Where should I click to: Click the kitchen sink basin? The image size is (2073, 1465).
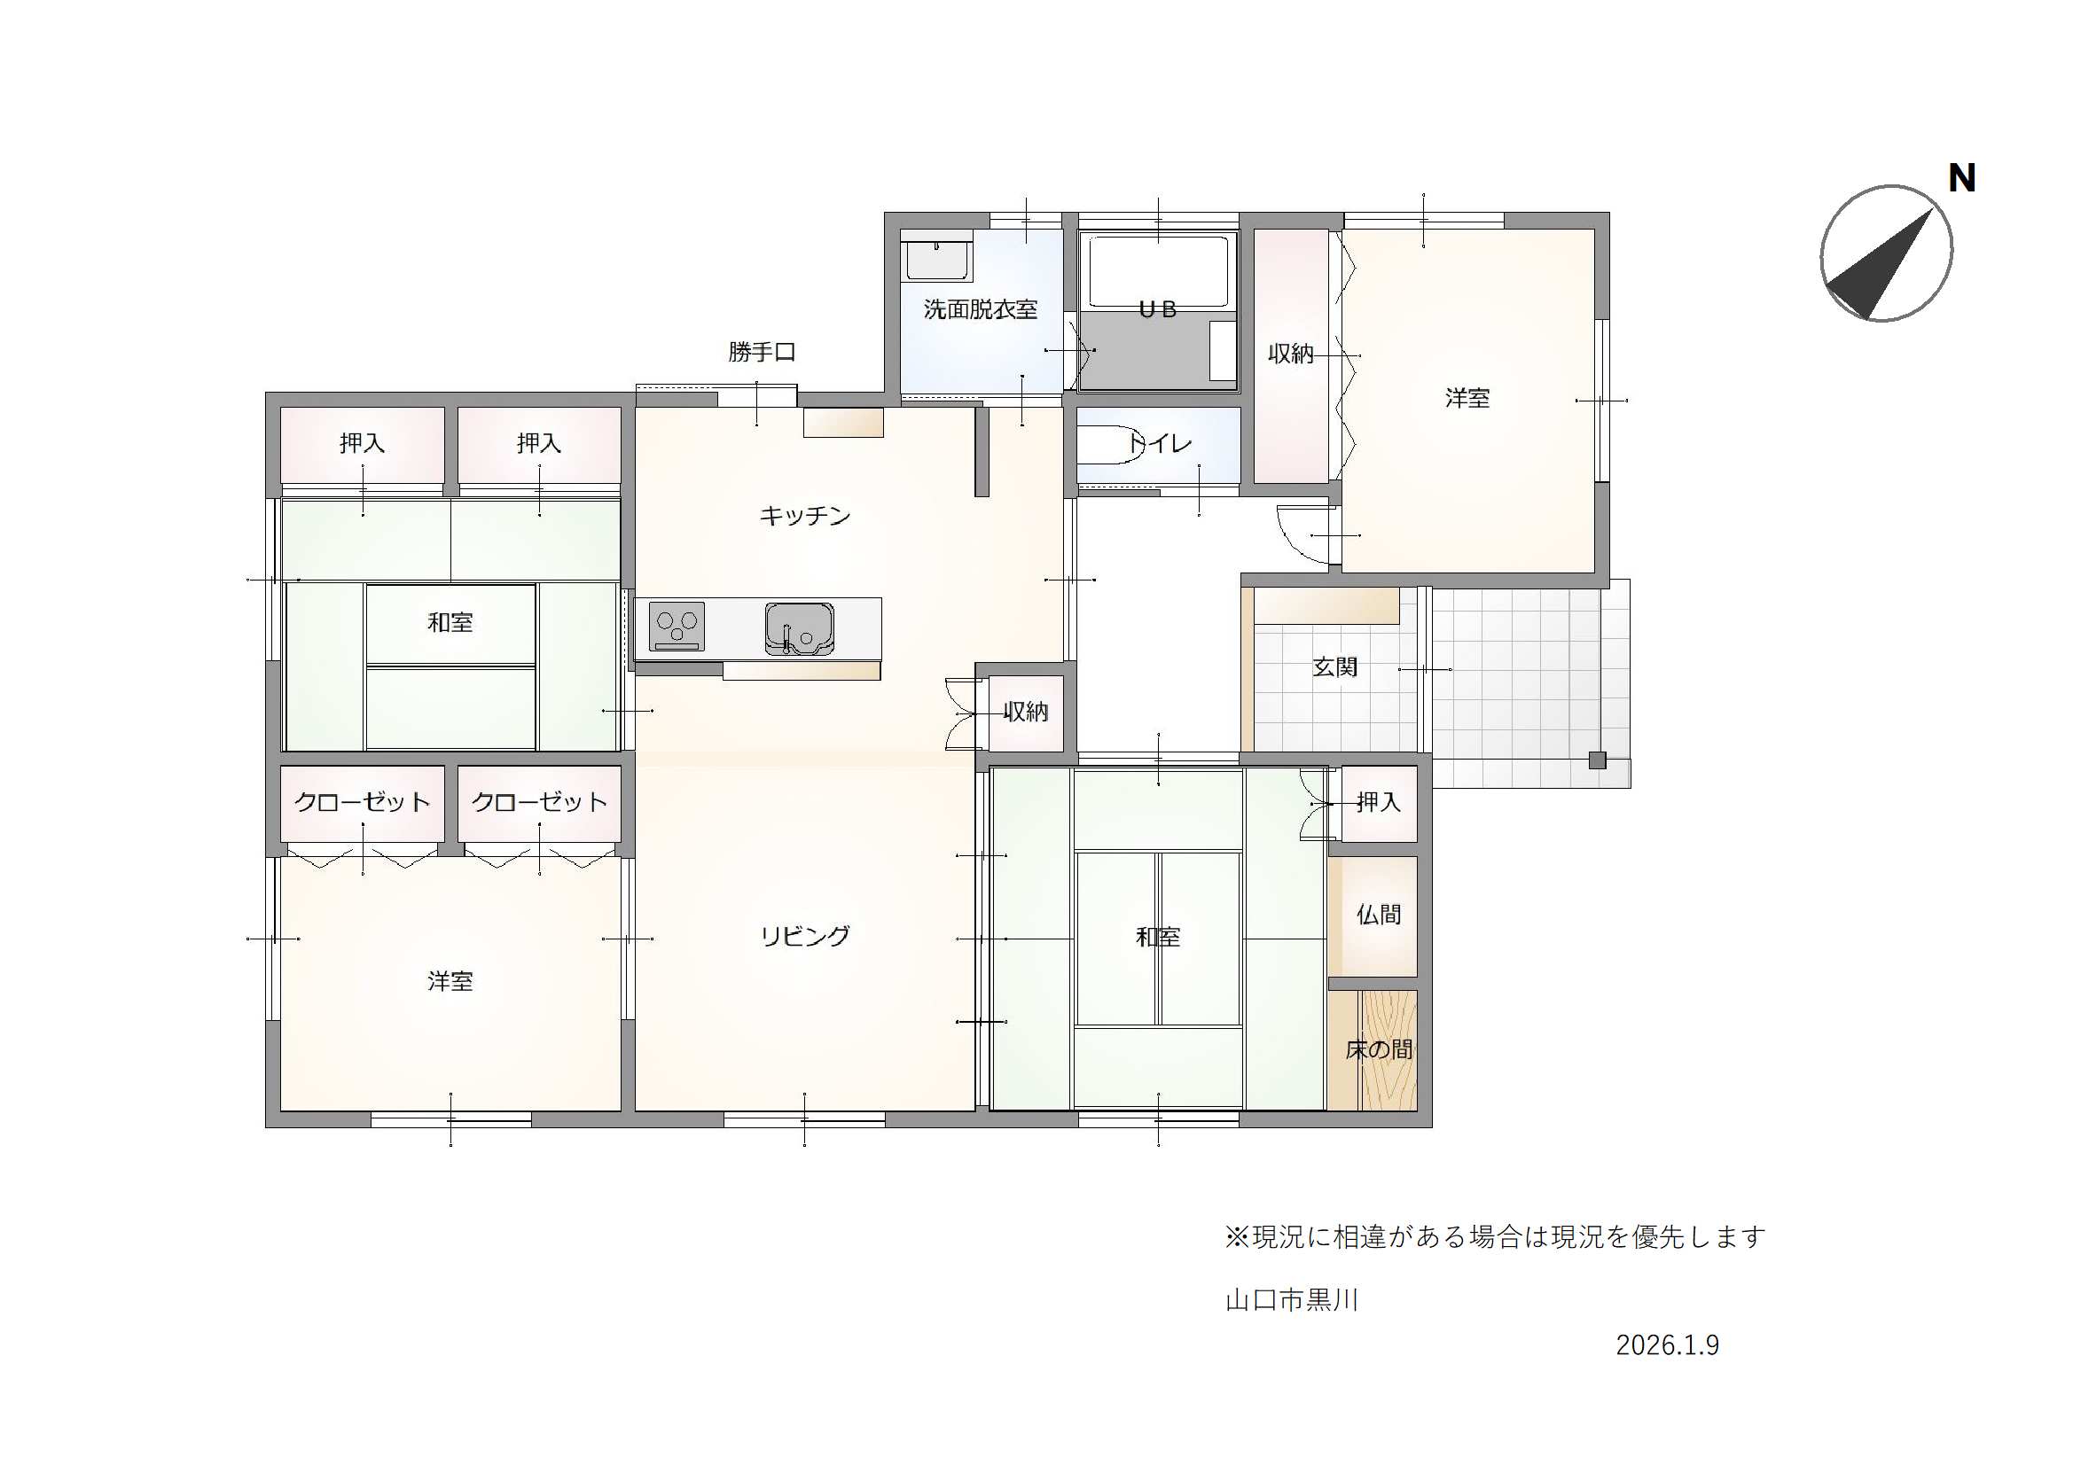click(799, 628)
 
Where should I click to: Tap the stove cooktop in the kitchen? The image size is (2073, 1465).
click(677, 627)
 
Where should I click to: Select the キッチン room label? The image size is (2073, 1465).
click(804, 516)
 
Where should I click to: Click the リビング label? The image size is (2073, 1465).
click(804, 936)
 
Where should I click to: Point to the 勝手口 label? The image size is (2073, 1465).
click(762, 352)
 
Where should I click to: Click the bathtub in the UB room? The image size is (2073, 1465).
click(1158, 272)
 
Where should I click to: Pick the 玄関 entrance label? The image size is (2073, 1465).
click(1334, 668)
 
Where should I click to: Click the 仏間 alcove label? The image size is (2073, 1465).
click(1379, 915)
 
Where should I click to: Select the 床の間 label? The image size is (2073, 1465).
click(1379, 1048)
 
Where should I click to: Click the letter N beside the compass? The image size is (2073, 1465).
click(1962, 178)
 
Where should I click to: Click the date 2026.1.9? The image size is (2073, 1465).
click(1668, 1345)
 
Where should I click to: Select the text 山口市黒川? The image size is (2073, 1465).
click(1292, 1300)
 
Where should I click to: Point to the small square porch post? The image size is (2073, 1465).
click(1597, 760)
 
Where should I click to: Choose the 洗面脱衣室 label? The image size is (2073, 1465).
click(981, 309)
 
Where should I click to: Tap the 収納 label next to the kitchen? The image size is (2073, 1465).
click(1026, 713)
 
